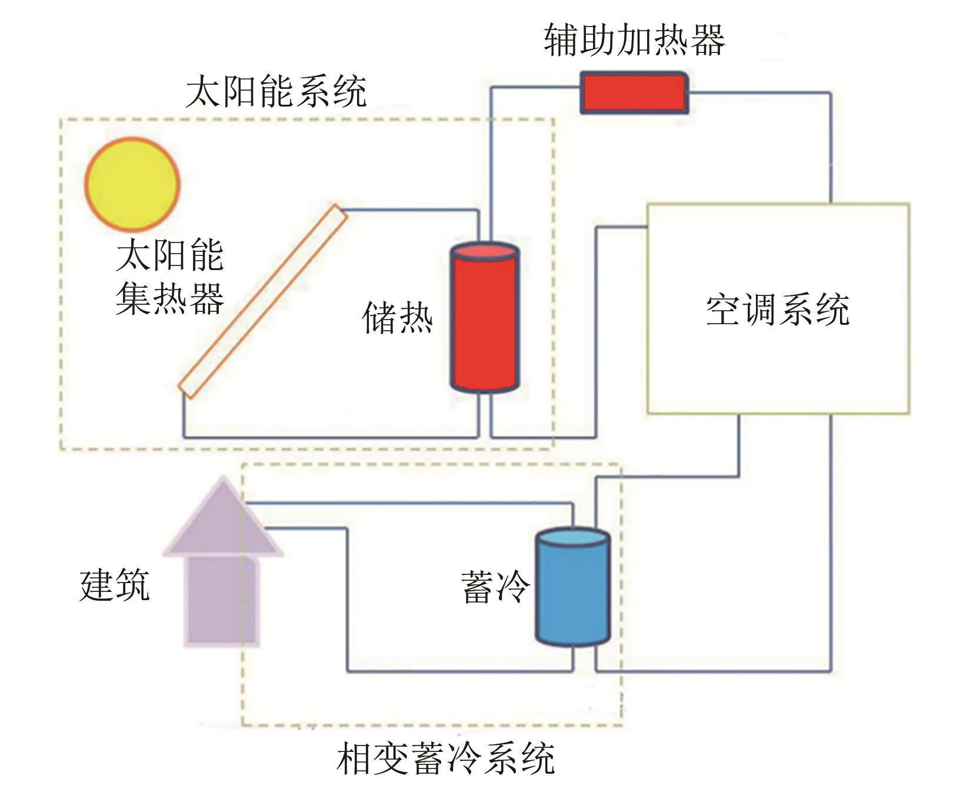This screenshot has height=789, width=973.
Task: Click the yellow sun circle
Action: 132,184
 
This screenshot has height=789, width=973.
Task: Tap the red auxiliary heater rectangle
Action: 634,92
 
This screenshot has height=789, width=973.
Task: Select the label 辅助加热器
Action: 634,40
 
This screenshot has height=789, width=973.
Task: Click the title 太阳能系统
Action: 276,91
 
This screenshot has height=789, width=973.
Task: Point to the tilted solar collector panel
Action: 263,301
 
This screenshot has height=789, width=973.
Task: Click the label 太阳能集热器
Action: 170,277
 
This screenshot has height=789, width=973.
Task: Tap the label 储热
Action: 398,318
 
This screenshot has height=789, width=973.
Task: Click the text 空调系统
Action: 778,309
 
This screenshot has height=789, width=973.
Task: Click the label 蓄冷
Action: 495,587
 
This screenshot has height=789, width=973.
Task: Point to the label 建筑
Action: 115,584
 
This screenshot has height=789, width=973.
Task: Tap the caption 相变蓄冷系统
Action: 445,759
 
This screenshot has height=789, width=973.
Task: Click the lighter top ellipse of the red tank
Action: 484,252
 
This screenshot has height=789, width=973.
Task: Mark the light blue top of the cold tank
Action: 572,537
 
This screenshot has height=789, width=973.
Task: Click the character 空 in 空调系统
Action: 724,309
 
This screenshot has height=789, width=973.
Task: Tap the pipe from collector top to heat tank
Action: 412,209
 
